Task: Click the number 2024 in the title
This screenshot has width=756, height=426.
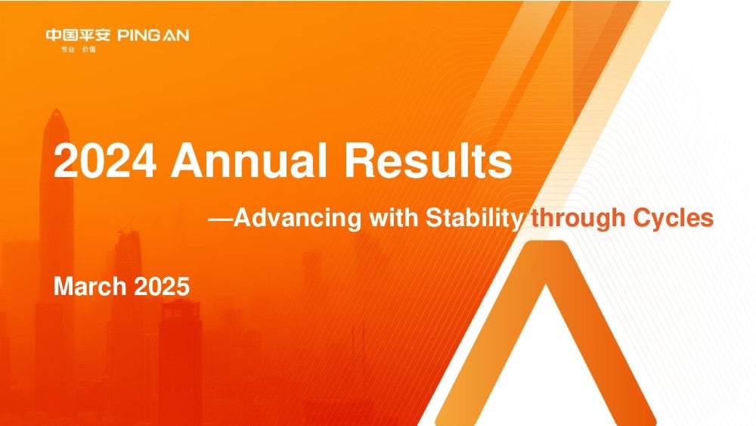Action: tap(104, 160)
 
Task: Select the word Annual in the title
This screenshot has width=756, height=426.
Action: tap(249, 160)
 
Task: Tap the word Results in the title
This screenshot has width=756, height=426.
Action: tap(428, 160)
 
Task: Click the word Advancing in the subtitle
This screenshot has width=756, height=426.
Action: tap(297, 218)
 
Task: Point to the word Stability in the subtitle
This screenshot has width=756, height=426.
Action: tap(474, 219)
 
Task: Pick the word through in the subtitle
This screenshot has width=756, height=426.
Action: tap(578, 219)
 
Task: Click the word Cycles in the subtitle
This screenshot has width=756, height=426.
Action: tap(673, 219)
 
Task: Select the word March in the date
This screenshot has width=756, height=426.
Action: tap(90, 287)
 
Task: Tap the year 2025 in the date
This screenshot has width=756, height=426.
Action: tap(162, 287)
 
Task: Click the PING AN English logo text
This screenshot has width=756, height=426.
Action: tap(153, 36)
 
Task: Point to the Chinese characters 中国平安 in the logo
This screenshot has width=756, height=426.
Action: tap(78, 36)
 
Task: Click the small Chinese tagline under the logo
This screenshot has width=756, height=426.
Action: tap(78, 49)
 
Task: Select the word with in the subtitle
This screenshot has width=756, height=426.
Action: tap(393, 218)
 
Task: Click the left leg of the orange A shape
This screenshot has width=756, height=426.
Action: tap(487, 337)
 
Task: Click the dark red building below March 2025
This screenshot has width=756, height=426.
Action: tap(180, 362)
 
